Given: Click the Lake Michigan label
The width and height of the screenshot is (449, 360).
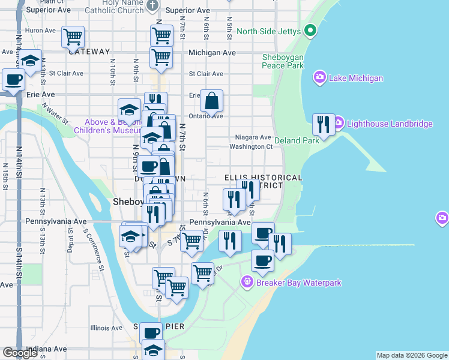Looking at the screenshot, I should pos(356,78).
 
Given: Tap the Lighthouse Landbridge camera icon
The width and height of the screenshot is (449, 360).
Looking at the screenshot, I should pos(338,124).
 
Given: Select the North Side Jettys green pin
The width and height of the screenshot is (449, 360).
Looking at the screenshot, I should pos(310,30).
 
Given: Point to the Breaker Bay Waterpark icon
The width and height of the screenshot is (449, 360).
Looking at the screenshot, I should pos(246,282).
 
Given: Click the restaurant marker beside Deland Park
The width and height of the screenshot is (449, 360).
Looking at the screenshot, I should pos(324,125).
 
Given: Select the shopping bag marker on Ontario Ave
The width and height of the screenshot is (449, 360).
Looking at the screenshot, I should pos(212,101).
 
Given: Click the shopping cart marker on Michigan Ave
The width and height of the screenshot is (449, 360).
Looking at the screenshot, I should pos(161,58).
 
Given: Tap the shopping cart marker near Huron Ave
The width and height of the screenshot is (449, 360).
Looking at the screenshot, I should pos(73,37).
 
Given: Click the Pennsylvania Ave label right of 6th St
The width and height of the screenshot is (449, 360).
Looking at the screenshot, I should pos(220,222).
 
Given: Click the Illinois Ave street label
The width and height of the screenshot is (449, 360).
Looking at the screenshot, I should pos(106,328).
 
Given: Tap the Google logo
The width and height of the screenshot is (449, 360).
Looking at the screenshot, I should pos(20,353).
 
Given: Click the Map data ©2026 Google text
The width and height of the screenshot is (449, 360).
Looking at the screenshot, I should pos(412,355).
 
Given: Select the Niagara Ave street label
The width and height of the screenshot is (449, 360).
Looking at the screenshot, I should pos(255,137).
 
